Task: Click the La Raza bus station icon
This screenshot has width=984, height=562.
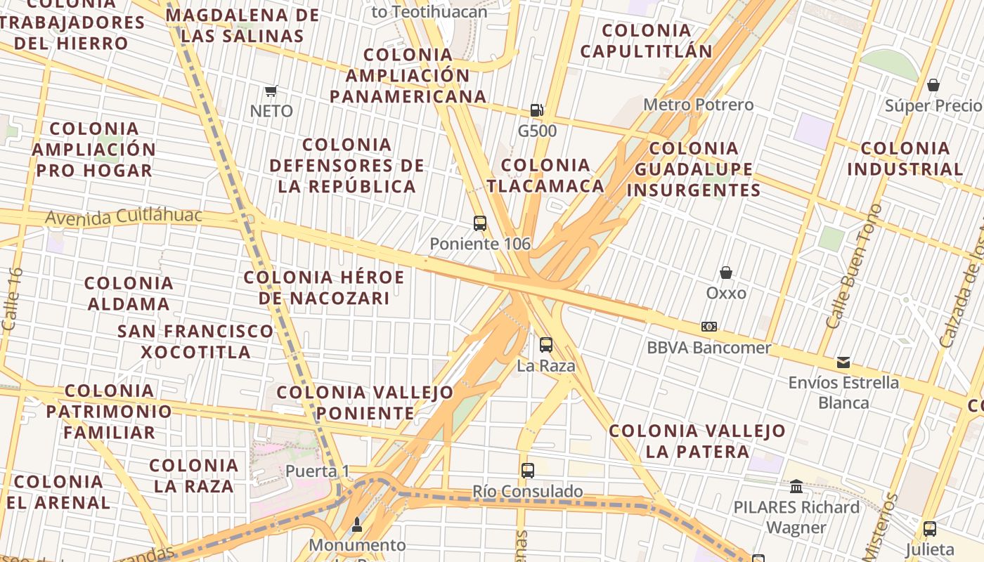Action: coord(546,345)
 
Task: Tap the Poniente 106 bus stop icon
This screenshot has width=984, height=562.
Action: coord(480,223)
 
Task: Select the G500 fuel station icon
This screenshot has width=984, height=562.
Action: coord(536,110)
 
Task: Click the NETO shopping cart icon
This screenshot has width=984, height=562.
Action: coord(271,91)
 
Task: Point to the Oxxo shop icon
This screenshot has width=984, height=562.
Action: coord(726,273)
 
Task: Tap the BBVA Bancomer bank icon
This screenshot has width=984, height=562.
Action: coord(709,327)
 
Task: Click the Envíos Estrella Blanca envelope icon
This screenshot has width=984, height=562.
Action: coord(843,362)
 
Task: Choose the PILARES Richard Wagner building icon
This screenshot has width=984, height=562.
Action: coord(796,486)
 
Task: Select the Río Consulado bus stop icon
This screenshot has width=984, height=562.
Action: coord(528,471)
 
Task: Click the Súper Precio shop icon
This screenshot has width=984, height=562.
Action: coord(933,85)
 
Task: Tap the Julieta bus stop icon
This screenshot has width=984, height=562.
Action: coord(930,528)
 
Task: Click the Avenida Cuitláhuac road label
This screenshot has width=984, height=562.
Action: coord(124,216)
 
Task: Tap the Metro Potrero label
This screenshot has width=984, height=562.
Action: coord(699,105)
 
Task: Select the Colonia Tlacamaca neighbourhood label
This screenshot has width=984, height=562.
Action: coord(545,176)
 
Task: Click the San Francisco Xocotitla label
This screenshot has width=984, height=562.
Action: coord(195,341)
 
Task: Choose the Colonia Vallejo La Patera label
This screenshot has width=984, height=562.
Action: coord(697,440)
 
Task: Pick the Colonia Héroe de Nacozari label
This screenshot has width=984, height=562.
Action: coord(324,287)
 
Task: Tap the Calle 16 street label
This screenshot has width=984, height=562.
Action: coord(12,299)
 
